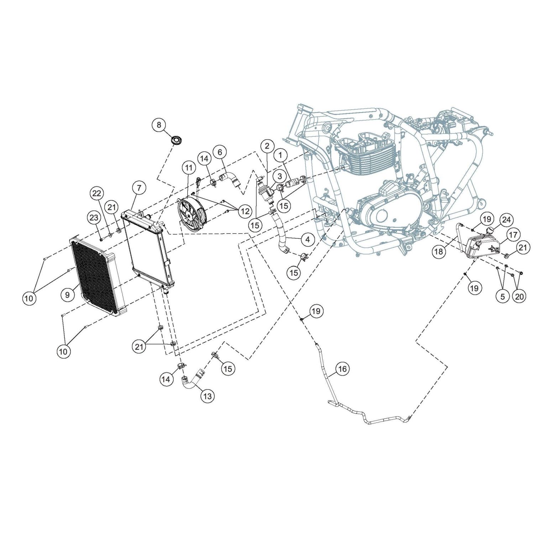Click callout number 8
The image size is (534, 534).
(x=159, y=125)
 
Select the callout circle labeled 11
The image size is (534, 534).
(x=189, y=167)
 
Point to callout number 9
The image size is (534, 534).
(x=67, y=294)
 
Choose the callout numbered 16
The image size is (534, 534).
(x=342, y=369)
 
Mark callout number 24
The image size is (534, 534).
(x=506, y=220)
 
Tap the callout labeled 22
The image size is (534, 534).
(x=97, y=194)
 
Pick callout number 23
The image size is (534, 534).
(x=94, y=218)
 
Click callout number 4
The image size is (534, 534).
(x=308, y=239)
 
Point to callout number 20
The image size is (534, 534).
(x=520, y=297)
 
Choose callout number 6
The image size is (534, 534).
(x=220, y=152)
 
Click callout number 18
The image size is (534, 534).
(x=439, y=252)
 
